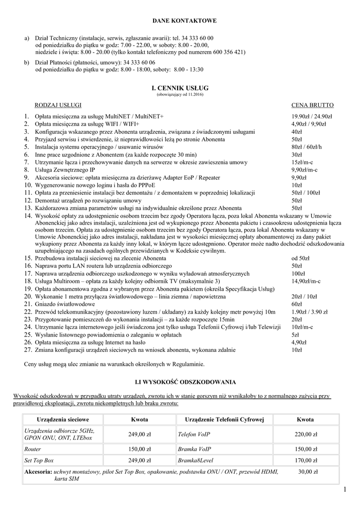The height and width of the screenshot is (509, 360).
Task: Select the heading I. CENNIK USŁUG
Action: (180, 87)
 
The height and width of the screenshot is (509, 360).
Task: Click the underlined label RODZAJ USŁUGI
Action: (58, 105)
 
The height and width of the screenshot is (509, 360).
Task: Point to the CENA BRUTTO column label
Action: (312, 105)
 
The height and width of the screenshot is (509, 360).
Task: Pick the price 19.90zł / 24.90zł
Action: (312, 116)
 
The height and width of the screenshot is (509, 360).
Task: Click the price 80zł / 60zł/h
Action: (306, 147)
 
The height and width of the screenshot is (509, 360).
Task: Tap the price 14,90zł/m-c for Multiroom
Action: (306, 281)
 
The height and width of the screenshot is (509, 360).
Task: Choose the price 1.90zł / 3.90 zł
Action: (312, 312)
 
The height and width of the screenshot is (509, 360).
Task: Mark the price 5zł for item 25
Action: (295, 335)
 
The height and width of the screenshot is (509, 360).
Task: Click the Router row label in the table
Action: (33, 449)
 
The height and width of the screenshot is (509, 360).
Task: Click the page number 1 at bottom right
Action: (345, 491)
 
